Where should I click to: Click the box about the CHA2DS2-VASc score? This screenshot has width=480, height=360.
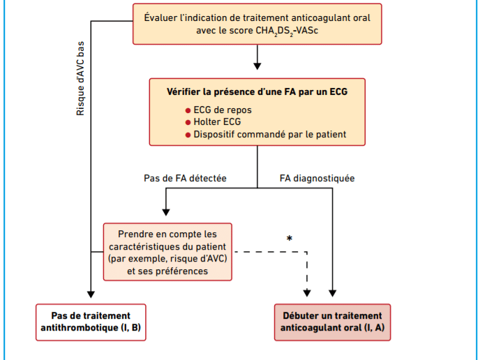(x=257, y=24)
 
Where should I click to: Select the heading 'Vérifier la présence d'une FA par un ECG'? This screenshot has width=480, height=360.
(x=257, y=92)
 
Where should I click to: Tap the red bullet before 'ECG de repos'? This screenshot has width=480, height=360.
(x=188, y=110)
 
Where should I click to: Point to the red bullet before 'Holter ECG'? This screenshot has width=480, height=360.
(x=188, y=123)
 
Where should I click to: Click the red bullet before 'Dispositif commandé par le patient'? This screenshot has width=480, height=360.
(x=188, y=135)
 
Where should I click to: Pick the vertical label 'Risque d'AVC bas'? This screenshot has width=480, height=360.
(x=80, y=78)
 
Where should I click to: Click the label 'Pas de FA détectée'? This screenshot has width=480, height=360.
(x=185, y=178)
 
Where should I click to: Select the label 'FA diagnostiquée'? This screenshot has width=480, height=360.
(x=317, y=178)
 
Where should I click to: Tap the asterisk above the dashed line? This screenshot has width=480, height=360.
(x=290, y=238)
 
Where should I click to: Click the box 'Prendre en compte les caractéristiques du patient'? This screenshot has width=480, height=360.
(x=167, y=252)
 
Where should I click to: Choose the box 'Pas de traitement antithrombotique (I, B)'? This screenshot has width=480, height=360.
(x=91, y=322)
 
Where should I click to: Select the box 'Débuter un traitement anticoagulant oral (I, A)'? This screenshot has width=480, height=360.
(x=333, y=322)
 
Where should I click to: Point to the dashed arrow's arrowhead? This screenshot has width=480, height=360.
(x=307, y=293)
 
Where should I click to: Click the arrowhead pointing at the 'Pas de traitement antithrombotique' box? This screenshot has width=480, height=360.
(x=91, y=294)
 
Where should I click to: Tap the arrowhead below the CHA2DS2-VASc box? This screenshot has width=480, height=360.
(x=257, y=66)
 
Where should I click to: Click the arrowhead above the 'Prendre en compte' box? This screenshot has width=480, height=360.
(x=166, y=212)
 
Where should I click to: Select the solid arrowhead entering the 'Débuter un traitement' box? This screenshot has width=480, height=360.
(x=333, y=293)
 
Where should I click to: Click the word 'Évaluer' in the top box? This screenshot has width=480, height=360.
(x=160, y=17)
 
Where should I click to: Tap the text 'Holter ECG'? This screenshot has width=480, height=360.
(x=218, y=122)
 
